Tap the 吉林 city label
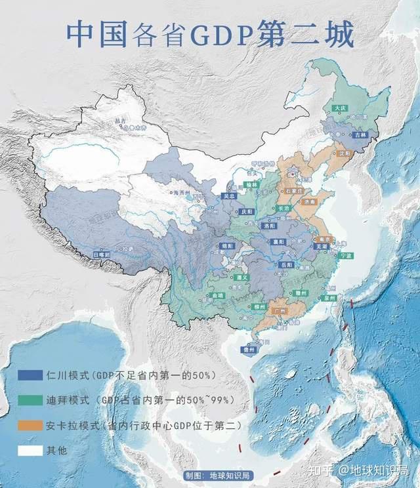(358, 134)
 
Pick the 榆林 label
(253, 186)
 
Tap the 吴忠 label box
(228, 195)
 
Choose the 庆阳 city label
(247, 212)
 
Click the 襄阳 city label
(278, 241)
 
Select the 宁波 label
(347, 255)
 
